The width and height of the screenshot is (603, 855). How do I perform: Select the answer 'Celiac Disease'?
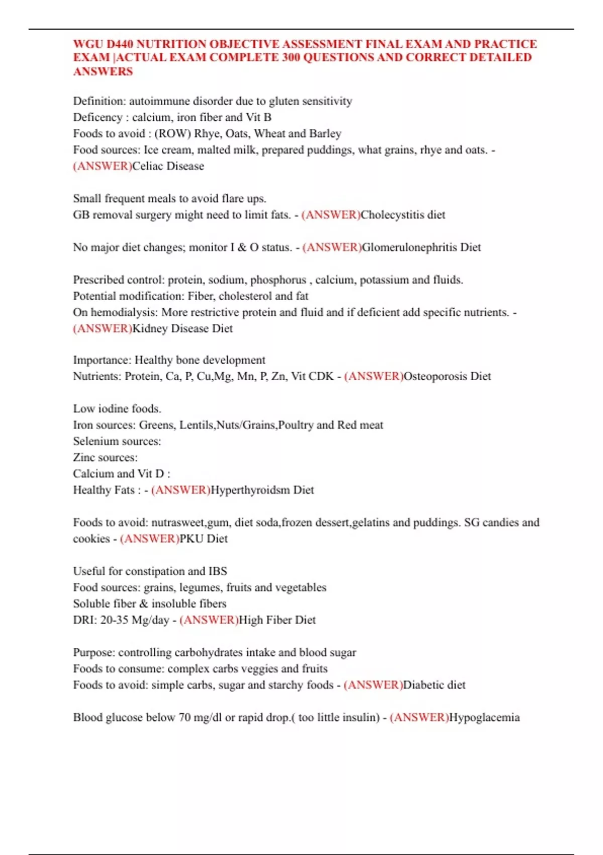click(x=168, y=166)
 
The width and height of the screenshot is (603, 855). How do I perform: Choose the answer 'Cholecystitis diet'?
click(x=403, y=215)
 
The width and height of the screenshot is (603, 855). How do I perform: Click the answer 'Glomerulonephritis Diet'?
click(x=421, y=247)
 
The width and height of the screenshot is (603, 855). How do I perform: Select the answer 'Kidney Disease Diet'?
click(x=182, y=328)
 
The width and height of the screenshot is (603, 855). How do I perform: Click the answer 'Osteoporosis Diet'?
click(x=447, y=376)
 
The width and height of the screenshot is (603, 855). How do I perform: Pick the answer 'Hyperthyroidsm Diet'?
click(x=262, y=490)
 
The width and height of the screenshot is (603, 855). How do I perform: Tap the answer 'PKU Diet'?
click(x=204, y=539)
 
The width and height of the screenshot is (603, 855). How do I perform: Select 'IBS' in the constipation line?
click(x=218, y=571)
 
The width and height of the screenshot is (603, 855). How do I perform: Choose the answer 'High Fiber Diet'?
click(x=277, y=620)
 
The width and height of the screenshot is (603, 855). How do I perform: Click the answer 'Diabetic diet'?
click(x=434, y=685)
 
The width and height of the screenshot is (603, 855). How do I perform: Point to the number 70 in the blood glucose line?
click(x=184, y=718)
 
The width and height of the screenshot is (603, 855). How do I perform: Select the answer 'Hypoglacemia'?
click(x=484, y=718)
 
